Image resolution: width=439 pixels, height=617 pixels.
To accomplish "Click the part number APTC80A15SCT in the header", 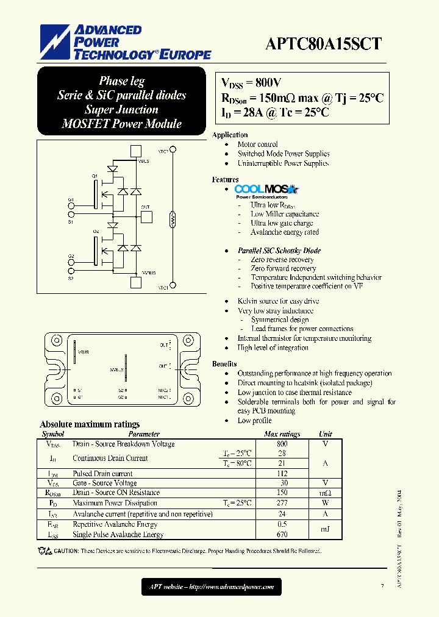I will pos(324,43).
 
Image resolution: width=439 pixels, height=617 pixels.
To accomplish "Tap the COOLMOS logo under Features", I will pos(266,190).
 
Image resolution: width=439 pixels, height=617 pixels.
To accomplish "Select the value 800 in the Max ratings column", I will pos(281,444).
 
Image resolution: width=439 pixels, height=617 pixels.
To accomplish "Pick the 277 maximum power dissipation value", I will pos(281,503).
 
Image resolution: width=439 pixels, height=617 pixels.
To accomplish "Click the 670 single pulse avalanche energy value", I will pos(281,535).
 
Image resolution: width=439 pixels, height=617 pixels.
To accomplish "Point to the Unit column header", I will pos(325,434).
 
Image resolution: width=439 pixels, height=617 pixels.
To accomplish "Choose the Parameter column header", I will pos(145,434).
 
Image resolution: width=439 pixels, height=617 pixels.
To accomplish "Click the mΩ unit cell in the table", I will pos(325,493).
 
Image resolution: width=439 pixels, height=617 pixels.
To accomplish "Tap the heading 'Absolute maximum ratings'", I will pos(90,424).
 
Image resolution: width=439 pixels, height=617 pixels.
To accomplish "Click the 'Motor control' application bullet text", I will pos(257,144).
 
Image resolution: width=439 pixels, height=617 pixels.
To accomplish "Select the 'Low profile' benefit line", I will pos(254,421).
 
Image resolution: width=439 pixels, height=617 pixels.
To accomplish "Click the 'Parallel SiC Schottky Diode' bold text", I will pos(279,251).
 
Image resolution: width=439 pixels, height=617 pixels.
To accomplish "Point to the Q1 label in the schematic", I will pos(95,176).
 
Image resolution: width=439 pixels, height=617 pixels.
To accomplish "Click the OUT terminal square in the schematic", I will pos(137,218).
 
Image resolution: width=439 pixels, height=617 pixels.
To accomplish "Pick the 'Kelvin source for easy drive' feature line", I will pos(278,301).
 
